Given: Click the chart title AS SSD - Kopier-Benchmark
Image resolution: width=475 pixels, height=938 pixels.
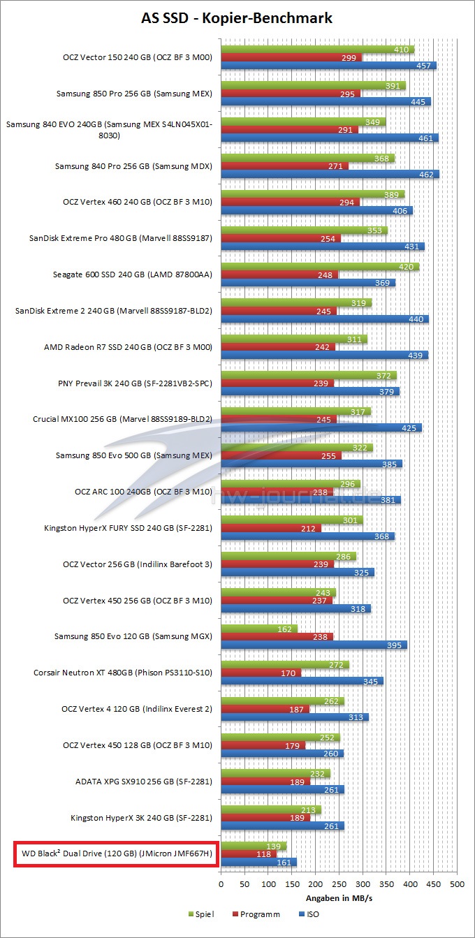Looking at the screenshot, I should [x=237, y=18].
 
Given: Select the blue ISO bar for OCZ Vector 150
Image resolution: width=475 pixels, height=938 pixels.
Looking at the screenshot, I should [x=328, y=66].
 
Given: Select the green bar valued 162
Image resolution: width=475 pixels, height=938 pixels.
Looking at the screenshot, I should [x=259, y=629].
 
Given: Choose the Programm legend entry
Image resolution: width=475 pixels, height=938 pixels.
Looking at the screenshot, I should [x=258, y=914].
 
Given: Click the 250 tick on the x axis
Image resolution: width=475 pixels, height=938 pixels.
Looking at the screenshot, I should [x=339, y=884].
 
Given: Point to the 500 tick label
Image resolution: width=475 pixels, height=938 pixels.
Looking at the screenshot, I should [x=457, y=884].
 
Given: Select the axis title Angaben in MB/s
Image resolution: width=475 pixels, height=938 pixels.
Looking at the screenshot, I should [x=339, y=897].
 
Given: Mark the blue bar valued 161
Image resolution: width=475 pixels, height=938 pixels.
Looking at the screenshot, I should [x=258, y=862].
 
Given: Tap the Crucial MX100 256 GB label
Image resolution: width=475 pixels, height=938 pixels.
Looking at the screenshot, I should [x=122, y=420].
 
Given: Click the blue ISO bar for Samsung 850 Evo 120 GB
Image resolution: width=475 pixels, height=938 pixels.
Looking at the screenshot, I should [x=314, y=645].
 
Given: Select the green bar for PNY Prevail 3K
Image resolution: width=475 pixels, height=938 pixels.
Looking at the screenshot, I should [x=309, y=375].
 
